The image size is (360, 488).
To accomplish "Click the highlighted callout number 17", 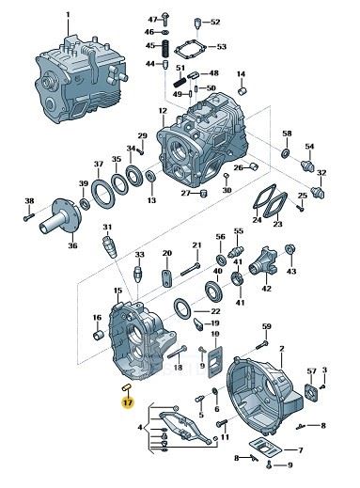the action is tap(128, 402).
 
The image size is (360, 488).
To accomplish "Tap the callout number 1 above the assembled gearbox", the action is tap(68, 15).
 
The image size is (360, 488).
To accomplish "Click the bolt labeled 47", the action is tap(165, 19).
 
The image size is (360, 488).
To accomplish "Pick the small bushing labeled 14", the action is tap(242, 90).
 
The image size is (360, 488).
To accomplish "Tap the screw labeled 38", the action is tap(28, 216).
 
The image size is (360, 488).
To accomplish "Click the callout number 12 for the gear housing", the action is tap(163, 111).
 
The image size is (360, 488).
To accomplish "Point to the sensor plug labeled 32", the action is tap(318, 192).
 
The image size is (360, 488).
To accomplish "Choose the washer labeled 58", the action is tap(286, 153).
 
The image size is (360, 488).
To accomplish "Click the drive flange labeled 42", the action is tap(263, 262).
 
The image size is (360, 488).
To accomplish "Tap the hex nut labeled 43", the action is tap(290, 249).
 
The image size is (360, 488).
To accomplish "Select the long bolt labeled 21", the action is tap(191, 270).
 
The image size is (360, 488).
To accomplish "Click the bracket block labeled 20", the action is tap(166, 277).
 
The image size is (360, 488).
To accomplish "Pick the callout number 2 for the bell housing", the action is tap(282, 348).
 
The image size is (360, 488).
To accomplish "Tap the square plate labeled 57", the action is tap(312, 391).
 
